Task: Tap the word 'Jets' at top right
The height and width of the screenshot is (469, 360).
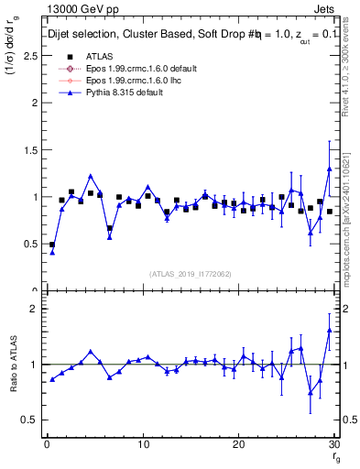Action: click(328, 9)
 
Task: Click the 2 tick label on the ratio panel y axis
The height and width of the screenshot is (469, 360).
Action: click(33, 309)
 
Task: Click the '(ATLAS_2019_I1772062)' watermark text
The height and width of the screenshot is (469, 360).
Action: click(190, 273)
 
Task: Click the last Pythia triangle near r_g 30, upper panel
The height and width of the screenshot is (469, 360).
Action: click(329, 169)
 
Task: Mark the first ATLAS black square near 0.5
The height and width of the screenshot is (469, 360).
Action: click(52, 245)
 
